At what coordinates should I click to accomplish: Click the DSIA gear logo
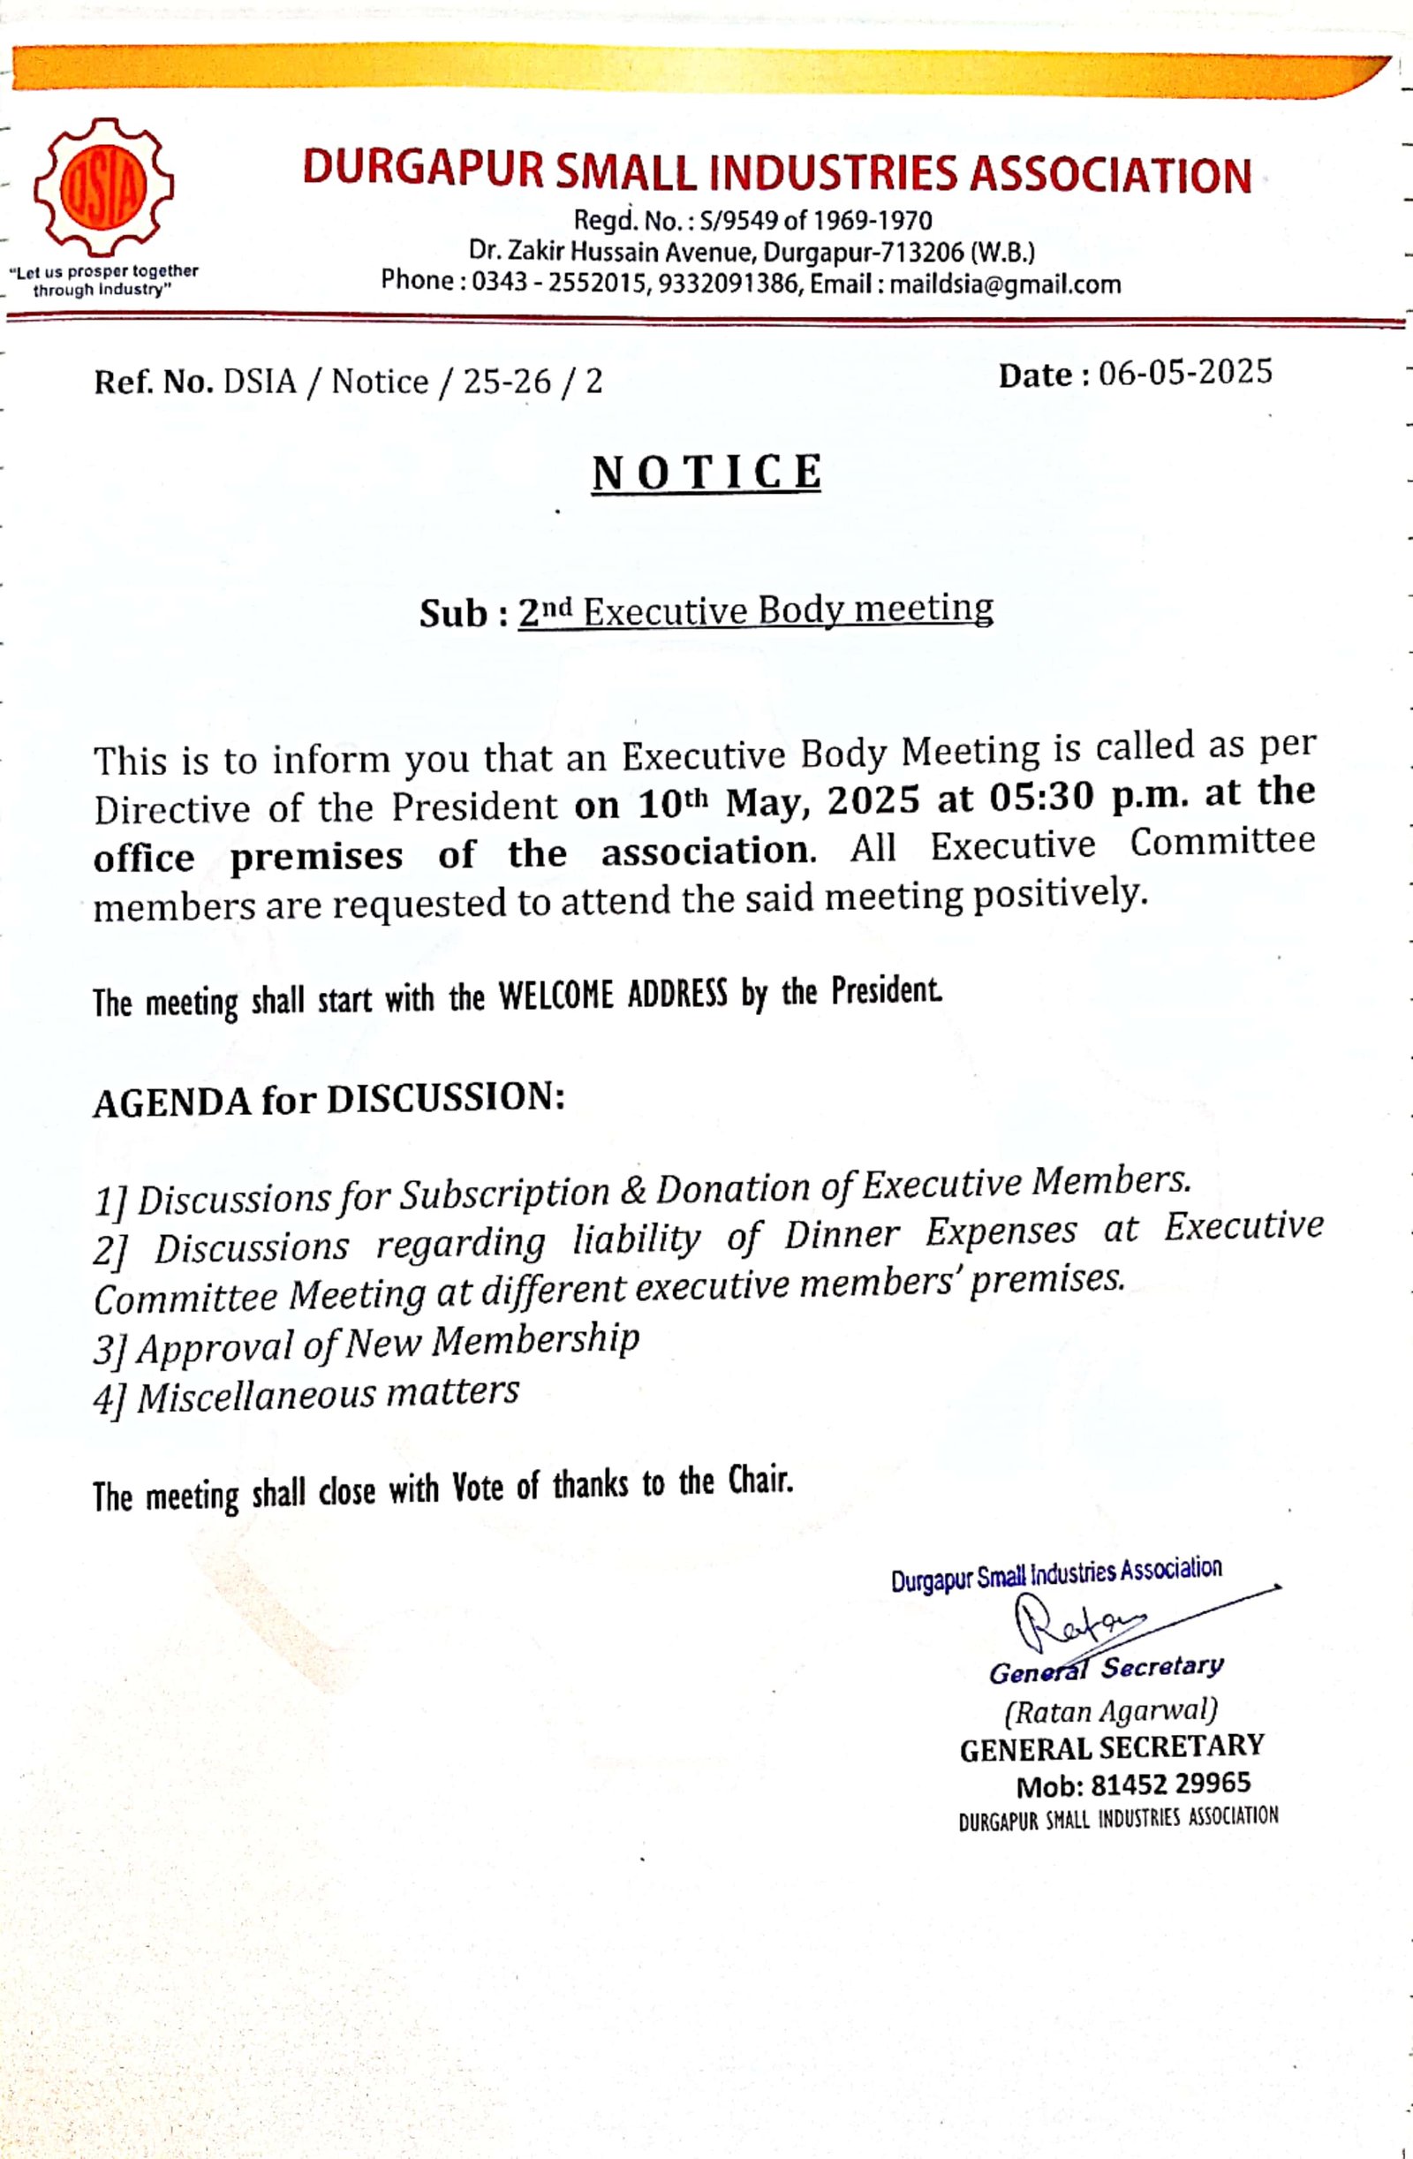tap(103, 188)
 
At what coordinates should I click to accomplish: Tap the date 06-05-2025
tap(1185, 373)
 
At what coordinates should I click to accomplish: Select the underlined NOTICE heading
tap(706, 473)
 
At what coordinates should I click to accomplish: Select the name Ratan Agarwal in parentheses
tap(1110, 1711)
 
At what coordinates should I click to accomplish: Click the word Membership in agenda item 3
tap(535, 1340)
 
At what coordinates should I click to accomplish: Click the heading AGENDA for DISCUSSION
tap(329, 1101)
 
